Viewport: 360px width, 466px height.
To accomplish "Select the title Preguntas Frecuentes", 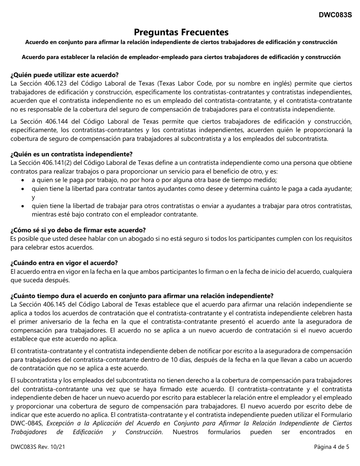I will pyautogui.click(x=181, y=32).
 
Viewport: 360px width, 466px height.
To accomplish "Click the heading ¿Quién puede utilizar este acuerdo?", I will pyautogui.click(x=64, y=75).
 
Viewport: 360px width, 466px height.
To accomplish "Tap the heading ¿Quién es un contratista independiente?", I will pyautogui.click(x=72, y=154).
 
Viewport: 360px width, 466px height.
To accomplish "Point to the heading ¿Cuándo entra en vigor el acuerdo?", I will pyautogui.click(x=64, y=263).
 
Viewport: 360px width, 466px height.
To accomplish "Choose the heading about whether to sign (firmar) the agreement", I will pyautogui.click(x=78, y=230).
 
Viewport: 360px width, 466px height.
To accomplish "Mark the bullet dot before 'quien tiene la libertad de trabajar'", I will pyautogui.click(x=24, y=206).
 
